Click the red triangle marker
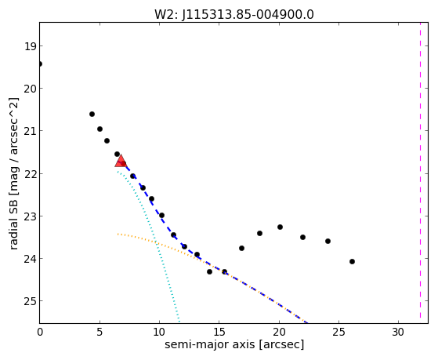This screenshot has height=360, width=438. click(x=121, y=161)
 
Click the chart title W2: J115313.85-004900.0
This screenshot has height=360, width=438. click(x=234, y=15)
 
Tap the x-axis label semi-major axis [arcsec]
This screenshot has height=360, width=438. click(x=234, y=344)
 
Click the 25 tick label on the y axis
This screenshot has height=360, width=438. click(x=30, y=301)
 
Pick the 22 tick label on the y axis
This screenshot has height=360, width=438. click(x=30, y=173)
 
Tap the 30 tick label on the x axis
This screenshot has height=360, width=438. click(x=398, y=332)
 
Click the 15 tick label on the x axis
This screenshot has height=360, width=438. click(x=219, y=332)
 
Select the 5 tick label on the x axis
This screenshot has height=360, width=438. click(x=100, y=332)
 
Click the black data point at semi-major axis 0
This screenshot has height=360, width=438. click(x=40, y=64)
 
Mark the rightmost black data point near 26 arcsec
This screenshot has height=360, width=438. click(x=352, y=261)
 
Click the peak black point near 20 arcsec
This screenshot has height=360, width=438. click(x=280, y=227)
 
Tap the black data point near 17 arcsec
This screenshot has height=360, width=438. click(x=241, y=248)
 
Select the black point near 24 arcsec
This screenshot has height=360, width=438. click(x=328, y=241)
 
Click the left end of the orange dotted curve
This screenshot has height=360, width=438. click(x=118, y=234)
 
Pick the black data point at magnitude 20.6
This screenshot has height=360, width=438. click(x=92, y=115)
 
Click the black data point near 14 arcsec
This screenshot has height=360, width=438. click(x=209, y=271)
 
